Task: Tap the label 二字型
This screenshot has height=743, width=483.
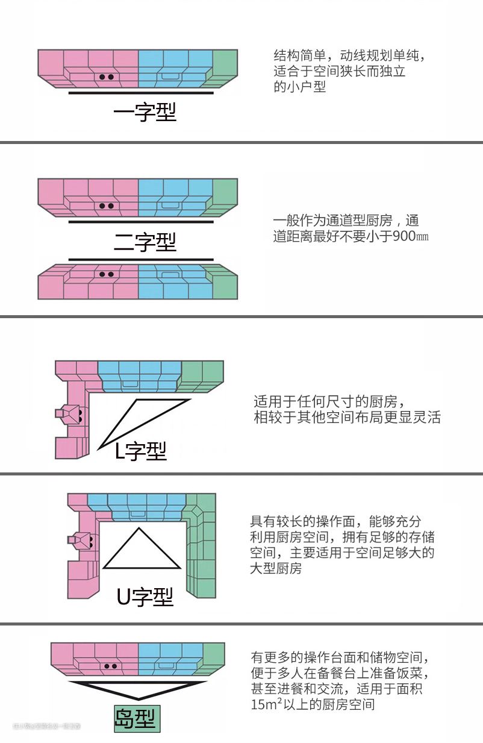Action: pyautogui.click(x=145, y=242)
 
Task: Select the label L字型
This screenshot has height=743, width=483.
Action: pyautogui.click(x=140, y=450)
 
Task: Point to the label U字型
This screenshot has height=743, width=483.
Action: pyautogui.click(x=145, y=596)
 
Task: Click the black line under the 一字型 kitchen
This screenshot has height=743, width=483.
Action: pyautogui.click(x=141, y=93)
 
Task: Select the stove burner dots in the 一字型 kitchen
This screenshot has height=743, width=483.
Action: pyautogui.click(x=107, y=77)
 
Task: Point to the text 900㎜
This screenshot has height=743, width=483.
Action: pyautogui.click(x=410, y=236)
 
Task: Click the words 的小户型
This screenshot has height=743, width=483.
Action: pyautogui.click(x=299, y=87)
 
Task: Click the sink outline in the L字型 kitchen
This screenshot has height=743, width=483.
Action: pyautogui.click(x=128, y=383)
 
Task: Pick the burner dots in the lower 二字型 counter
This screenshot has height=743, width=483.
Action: pyautogui.click(x=107, y=274)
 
